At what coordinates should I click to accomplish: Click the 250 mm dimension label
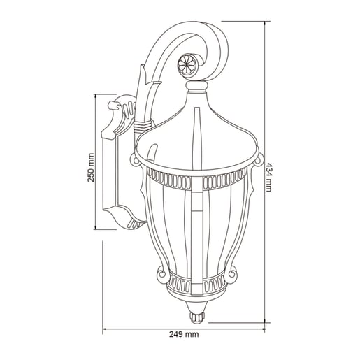91,167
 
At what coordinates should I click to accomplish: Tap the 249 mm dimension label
184,335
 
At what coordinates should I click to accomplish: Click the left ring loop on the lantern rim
135,161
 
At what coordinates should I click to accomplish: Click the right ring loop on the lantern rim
259,160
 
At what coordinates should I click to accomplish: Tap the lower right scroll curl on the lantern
231,274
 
